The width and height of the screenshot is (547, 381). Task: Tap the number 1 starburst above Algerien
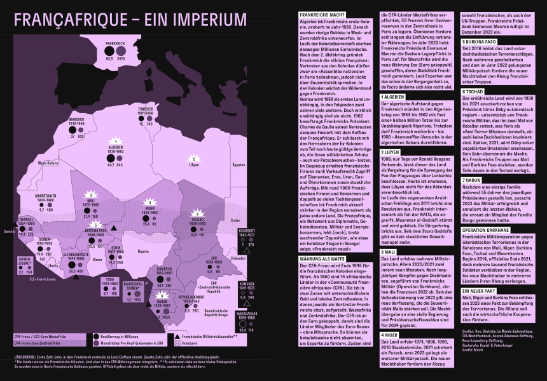coord(115,141)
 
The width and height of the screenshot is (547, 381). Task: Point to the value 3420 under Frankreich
coord(121,58)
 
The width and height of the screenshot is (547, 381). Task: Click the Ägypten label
coord(239,164)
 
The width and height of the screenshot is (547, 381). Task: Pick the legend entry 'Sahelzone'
coord(190,342)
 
